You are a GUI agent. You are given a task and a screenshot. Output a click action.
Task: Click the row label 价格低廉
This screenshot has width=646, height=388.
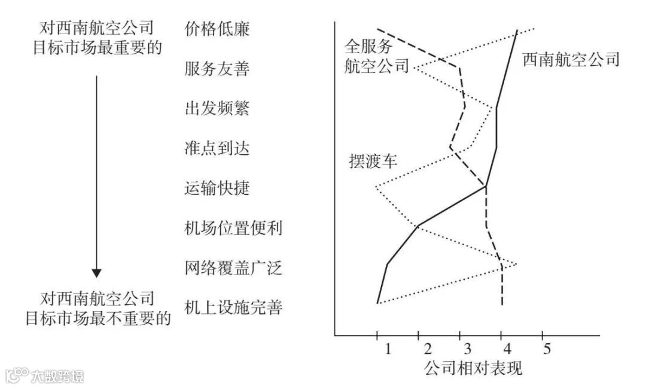(214, 29)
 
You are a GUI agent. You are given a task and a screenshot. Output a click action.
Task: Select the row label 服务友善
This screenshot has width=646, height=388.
(214, 69)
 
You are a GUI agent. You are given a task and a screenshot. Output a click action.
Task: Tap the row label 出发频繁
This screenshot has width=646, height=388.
(214, 109)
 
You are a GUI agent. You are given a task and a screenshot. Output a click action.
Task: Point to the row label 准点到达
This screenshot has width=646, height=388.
(214, 148)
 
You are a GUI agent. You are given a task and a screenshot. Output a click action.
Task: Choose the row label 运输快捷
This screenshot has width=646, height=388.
(214, 188)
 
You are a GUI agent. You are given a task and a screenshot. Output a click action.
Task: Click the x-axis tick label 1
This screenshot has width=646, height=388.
(388, 349)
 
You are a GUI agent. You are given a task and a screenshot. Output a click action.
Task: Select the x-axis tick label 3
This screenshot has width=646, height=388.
(467, 349)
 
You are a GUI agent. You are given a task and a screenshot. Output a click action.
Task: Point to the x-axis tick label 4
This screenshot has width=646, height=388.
(507, 349)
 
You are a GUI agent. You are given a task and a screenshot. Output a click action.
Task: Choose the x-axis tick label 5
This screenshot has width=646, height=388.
(546, 349)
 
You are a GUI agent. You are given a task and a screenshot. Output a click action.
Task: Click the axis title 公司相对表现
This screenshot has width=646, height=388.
(473, 368)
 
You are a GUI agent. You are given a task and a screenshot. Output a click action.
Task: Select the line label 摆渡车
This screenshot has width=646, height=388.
(373, 161)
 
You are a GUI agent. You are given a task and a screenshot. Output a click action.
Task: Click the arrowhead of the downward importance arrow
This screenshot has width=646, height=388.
(97, 273)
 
